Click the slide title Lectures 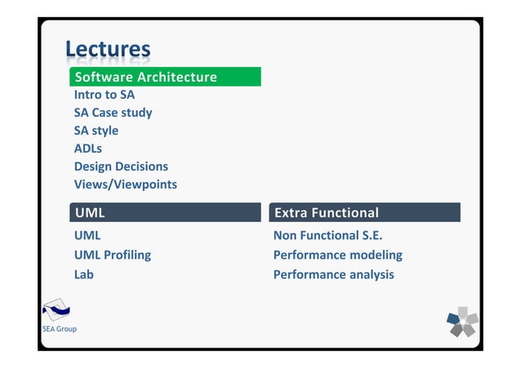pos(108,50)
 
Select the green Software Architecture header pos(165,77)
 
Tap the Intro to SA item pos(105,95)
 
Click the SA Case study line pos(113,113)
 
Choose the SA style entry pos(96,131)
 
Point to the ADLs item pos(88,149)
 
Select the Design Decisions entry pos(121,166)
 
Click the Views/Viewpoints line pos(125,184)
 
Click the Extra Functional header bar pos(364,213)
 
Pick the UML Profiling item pos(113,255)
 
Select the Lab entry pos(84,274)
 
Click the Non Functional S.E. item pos(328,236)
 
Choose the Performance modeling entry pos(337,255)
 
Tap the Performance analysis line pos(333,274)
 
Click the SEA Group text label pos(60,329)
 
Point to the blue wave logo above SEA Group pos(56,310)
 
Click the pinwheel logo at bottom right pos(462,321)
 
